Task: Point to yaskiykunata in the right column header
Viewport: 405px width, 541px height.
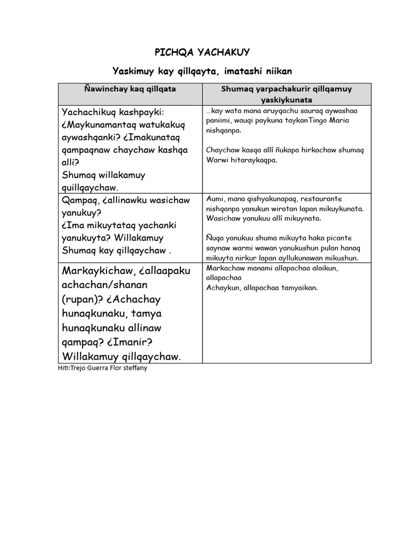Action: (x=286, y=99)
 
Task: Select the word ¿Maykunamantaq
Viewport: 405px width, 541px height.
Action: (x=100, y=125)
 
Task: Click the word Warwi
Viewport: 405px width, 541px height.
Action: (x=217, y=159)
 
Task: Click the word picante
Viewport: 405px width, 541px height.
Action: (x=338, y=238)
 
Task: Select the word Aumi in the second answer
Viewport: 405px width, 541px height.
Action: (x=215, y=199)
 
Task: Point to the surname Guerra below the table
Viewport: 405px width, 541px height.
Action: (x=99, y=368)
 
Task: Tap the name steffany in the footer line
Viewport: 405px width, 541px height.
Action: (x=135, y=368)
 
